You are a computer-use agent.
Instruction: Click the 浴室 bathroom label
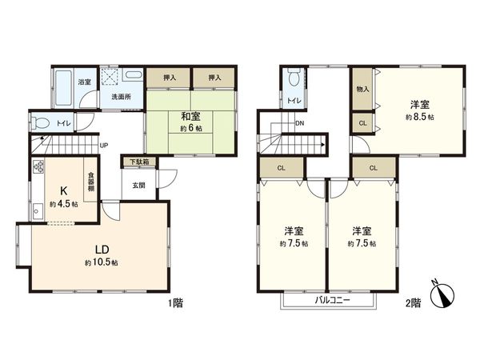(x=83, y=82)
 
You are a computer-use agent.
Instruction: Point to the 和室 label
(x=190, y=117)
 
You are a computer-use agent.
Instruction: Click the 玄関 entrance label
(x=139, y=186)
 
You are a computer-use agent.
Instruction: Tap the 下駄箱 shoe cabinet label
(x=139, y=162)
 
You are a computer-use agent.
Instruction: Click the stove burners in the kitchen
(x=38, y=169)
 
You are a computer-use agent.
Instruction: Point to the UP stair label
(x=104, y=145)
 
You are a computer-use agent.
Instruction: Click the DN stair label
(x=299, y=123)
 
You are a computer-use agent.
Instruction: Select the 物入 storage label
(x=362, y=89)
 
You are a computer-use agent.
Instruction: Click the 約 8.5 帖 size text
(x=419, y=117)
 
